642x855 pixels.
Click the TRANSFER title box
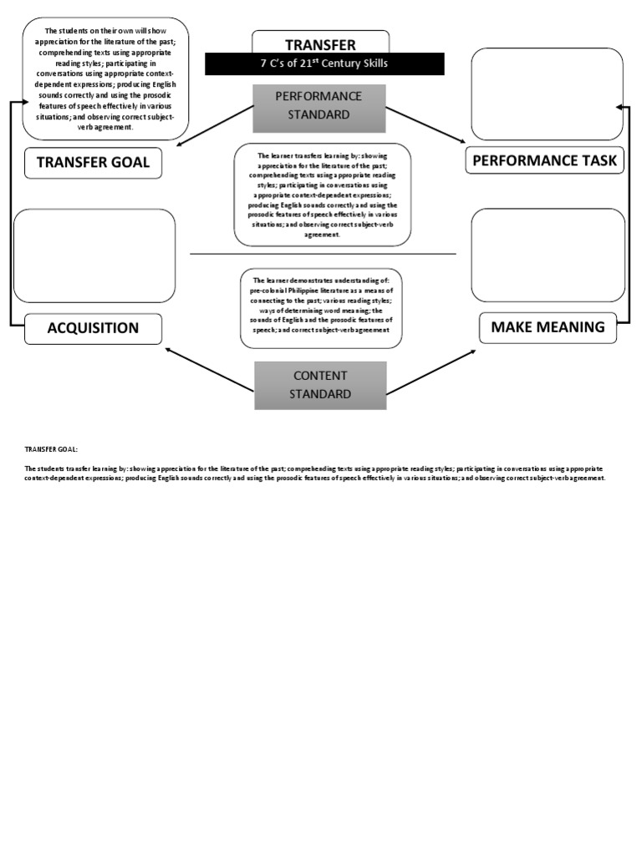[x=320, y=43]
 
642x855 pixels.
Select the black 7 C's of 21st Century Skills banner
[x=325, y=63]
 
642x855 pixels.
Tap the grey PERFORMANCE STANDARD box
[x=318, y=106]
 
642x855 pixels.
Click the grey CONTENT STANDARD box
[x=320, y=385]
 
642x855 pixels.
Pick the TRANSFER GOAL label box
[x=93, y=163]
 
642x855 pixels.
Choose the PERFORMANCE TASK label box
[x=545, y=161]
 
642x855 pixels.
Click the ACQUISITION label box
[x=93, y=328]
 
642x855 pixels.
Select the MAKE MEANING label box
[x=548, y=327]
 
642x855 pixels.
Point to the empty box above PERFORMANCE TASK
[x=547, y=94]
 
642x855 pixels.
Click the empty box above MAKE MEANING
[x=548, y=255]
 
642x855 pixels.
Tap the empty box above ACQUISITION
[x=94, y=255]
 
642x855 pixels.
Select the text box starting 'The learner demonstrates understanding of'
[x=321, y=307]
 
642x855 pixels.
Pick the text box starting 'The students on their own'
[x=104, y=78]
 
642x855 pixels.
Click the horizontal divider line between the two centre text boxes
[x=323, y=253]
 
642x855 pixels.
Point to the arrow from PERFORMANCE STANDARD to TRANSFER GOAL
[x=216, y=126]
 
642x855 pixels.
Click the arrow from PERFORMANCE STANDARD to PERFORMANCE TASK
[x=424, y=124]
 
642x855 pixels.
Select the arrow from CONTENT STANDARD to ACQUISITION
[x=210, y=369]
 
